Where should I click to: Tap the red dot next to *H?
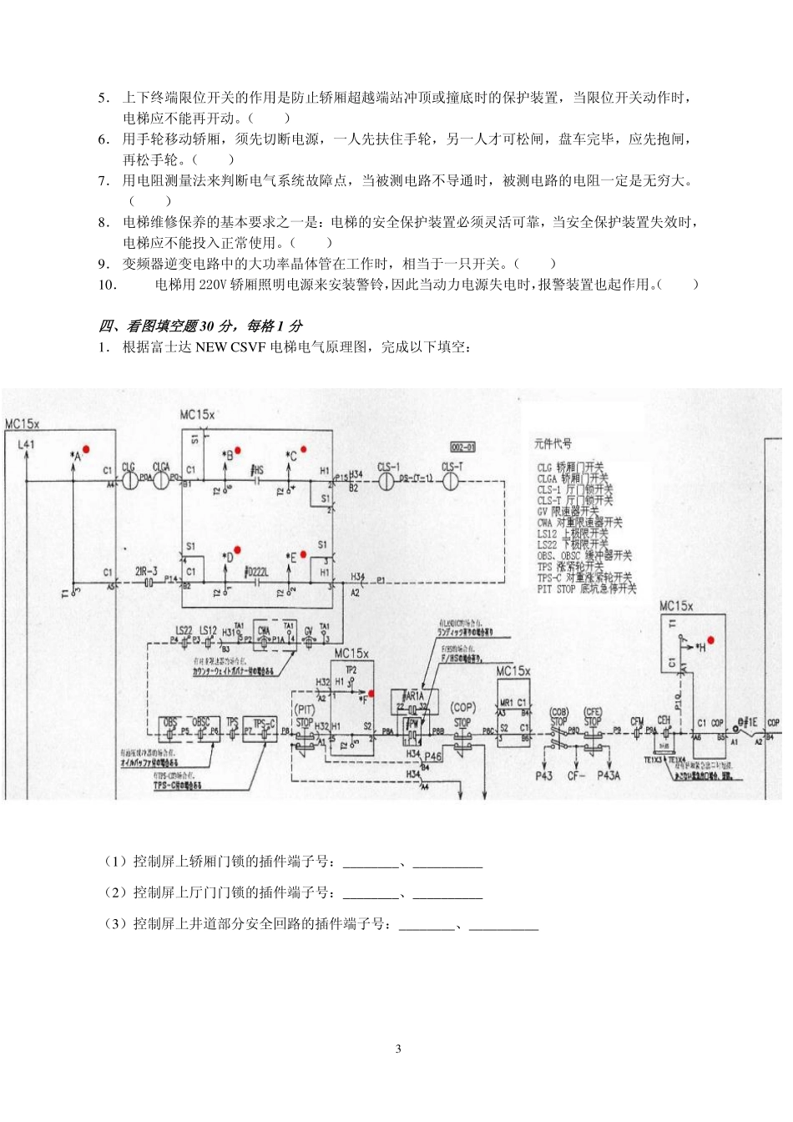tap(710, 640)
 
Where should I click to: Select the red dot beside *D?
tap(237, 550)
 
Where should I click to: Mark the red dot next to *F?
tap(371, 694)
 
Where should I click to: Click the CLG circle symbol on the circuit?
tap(129, 481)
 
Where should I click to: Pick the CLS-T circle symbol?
tap(451, 481)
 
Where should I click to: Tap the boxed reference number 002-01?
tap(462, 447)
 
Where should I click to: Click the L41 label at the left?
tap(26, 444)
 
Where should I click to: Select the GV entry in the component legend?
tap(568, 511)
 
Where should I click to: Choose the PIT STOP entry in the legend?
tap(586, 589)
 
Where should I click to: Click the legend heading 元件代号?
tap(553, 443)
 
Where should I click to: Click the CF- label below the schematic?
tap(576, 776)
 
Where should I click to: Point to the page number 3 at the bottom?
tap(398, 1049)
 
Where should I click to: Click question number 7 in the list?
tap(104, 180)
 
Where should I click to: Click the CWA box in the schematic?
tap(265, 632)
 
